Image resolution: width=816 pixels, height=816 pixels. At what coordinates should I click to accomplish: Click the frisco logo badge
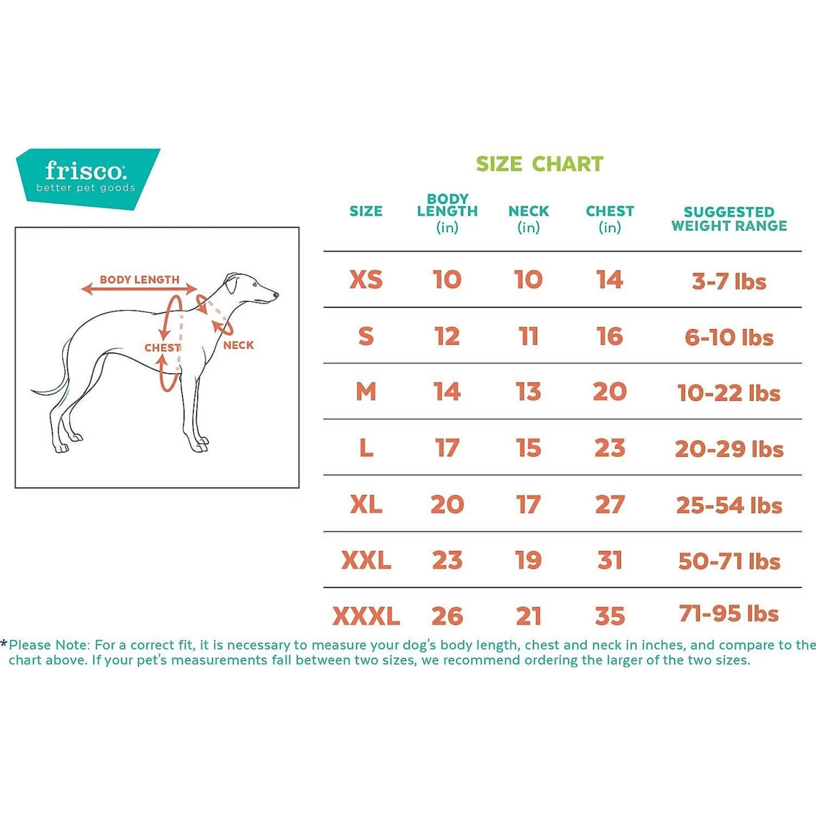click(x=87, y=178)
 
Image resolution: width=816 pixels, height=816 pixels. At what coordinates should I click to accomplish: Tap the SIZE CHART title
click(x=539, y=164)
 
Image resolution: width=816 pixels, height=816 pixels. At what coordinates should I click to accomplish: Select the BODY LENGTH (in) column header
click(x=447, y=213)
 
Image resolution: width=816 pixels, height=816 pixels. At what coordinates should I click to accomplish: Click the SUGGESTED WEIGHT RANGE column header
click(x=729, y=219)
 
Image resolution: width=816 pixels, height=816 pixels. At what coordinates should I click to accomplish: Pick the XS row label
click(x=366, y=280)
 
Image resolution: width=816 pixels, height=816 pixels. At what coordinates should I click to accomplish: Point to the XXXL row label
click(x=366, y=616)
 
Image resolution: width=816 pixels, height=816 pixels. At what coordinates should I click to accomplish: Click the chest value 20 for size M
click(x=610, y=392)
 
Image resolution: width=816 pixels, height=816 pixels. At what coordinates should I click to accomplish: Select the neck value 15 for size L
click(x=528, y=448)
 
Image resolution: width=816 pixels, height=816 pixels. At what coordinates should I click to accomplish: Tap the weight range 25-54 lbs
click(x=729, y=505)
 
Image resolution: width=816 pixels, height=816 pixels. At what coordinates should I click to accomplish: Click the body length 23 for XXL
click(x=447, y=560)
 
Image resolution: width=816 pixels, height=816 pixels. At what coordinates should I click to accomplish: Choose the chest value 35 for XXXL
click(x=610, y=616)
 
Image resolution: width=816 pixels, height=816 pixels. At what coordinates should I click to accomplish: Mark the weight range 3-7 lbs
click(x=729, y=281)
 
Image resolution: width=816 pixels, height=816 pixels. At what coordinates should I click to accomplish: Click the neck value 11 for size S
click(x=528, y=336)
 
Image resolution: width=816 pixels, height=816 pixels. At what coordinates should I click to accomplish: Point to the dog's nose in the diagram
click(x=276, y=295)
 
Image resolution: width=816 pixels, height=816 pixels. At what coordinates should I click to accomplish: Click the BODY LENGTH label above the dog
click(x=139, y=280)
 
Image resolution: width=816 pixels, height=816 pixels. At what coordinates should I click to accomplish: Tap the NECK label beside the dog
click(x=238, y=345)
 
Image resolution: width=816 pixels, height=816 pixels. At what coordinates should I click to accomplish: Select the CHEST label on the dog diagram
click(x=162, y=348)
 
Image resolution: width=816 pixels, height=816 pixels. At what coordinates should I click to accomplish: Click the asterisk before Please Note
click(x=4, y=644)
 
